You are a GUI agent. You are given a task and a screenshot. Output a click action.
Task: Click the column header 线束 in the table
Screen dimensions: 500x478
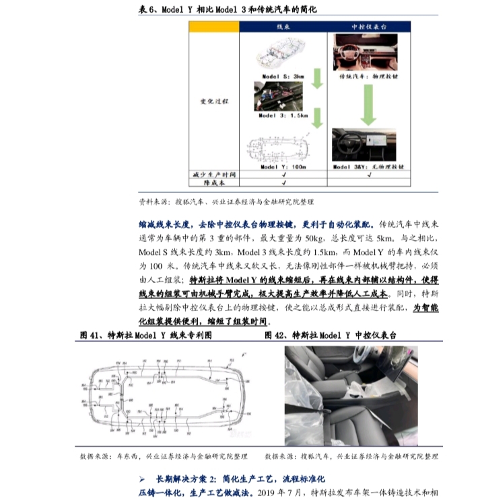[x=283, y=26]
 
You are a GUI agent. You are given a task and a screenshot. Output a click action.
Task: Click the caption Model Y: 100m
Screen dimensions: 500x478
[x=283, y=165]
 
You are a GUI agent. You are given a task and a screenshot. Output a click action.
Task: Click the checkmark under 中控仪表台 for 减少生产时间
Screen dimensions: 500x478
[x=368, y=173]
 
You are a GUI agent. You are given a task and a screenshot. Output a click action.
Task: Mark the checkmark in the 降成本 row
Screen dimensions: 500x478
[x=283, y=181]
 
